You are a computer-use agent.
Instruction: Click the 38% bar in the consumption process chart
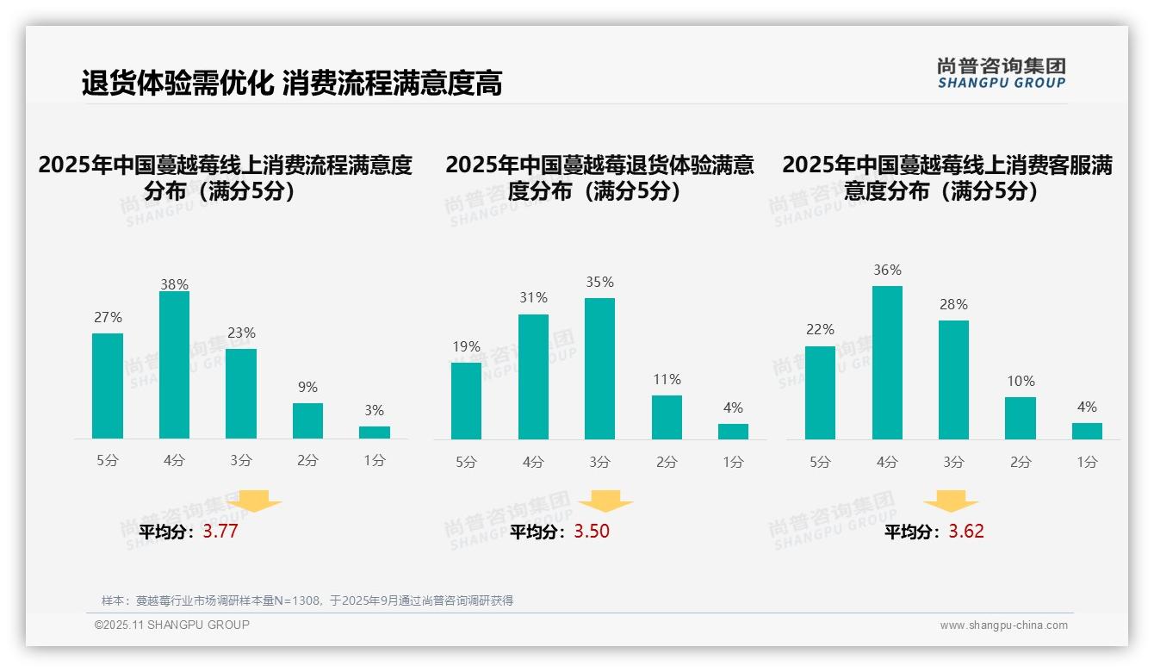[174, 365]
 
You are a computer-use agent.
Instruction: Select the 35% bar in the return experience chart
[599, 369]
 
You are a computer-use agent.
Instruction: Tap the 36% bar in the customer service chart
[887, 363]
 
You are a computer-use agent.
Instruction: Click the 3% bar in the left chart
[374, 432]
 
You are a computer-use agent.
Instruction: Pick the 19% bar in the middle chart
[466, 401]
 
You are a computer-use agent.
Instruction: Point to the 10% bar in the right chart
[1020, 418]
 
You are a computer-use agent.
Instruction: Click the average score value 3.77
[220, 532]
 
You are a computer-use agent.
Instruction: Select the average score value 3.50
[592, 532]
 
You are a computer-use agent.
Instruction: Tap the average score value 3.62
[966, 532]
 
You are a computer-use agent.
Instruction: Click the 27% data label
[108, 318]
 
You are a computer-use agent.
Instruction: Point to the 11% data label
[667, 380]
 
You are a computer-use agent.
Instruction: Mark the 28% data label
[953, 305]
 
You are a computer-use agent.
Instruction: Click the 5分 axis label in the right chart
[820, 463]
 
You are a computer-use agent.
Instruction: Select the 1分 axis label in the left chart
[374, 461]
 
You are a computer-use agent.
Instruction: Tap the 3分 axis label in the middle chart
[599, 463]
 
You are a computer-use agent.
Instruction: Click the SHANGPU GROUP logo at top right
[1001, 73]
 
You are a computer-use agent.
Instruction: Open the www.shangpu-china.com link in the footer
[1003, 625]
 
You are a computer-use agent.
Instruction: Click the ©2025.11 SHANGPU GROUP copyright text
[172, 625]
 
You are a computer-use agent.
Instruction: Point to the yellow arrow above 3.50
[605, 501]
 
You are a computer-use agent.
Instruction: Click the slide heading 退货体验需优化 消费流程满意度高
[292, 84]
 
